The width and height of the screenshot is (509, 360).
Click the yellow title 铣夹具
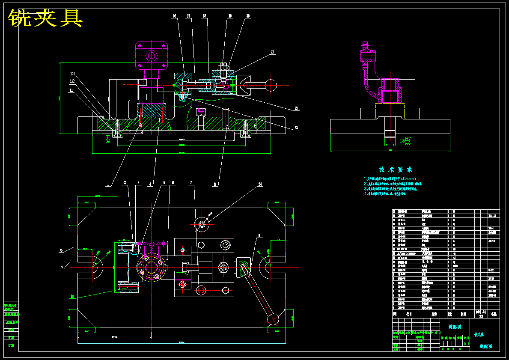click(45, 18)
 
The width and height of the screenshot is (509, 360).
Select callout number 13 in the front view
click(73, 74)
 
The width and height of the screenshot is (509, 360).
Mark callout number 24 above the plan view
click(260, 185)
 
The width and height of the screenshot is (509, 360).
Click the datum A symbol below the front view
click(108, 140)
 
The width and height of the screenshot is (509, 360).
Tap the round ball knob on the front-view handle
click(271, 84)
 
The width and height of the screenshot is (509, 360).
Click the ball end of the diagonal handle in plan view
click(273, 319)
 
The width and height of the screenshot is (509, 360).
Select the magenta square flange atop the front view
click(151, 55)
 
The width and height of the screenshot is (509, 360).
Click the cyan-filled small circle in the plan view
click(183, 250)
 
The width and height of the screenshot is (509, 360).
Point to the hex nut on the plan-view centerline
click(223, 268)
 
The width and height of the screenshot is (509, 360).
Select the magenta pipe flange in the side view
click(368, 54)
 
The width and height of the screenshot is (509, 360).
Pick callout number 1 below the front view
click(108, 184)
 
